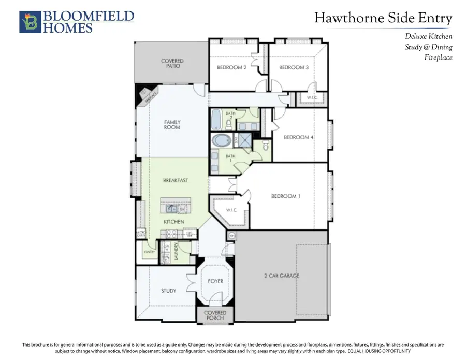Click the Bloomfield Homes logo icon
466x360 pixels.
tap(30, 22)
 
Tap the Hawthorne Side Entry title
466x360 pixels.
tap(383, 18)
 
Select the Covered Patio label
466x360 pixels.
tap(172, 64)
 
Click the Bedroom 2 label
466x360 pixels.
tap(231, 67)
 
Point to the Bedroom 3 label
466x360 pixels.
tap(294, 67)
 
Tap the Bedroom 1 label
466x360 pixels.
tap(286, 196)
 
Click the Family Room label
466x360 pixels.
tap(172, 124)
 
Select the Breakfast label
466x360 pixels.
tap(175, 180)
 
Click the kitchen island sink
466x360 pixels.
tap(171, 208)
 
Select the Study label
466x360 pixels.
tap(168, 291)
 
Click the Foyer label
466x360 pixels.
tap(215, 281)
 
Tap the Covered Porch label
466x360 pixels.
tap(215, 315)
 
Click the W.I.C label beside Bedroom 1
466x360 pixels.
tap(231, 210)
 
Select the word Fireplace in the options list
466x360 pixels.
tap(438, 57)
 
